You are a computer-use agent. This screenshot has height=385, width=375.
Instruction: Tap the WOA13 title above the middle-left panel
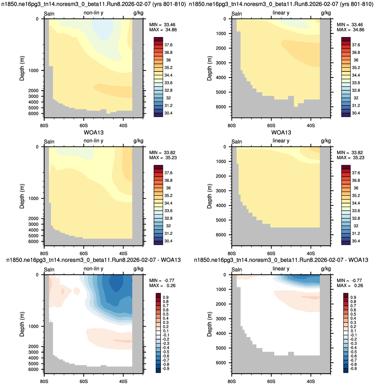tap(94, 133)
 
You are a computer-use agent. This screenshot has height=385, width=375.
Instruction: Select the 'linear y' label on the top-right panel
tap(281, 13)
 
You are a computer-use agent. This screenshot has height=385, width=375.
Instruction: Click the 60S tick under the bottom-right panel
tap(271, 381)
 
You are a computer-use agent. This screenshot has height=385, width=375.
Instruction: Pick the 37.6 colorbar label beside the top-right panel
tap(356, 45)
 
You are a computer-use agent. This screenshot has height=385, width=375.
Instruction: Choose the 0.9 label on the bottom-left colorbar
tap(166, 297)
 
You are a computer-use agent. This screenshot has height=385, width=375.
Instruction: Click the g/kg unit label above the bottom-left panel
tap(138, 269)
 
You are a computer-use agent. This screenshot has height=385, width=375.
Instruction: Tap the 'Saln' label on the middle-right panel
tap(237, 142)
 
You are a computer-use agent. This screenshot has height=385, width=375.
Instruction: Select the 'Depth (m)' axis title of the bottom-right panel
tap(209, 324)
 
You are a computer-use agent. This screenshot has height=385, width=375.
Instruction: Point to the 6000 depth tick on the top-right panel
tap(221, 107)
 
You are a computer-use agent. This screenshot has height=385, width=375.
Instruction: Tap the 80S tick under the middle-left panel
tap(44, 253)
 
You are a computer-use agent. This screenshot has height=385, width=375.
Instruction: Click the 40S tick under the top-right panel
tap(311, 125)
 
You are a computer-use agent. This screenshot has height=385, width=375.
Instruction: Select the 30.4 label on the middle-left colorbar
tap(168, 241)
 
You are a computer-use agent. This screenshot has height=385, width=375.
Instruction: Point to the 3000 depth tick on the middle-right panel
tap(221, 191)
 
